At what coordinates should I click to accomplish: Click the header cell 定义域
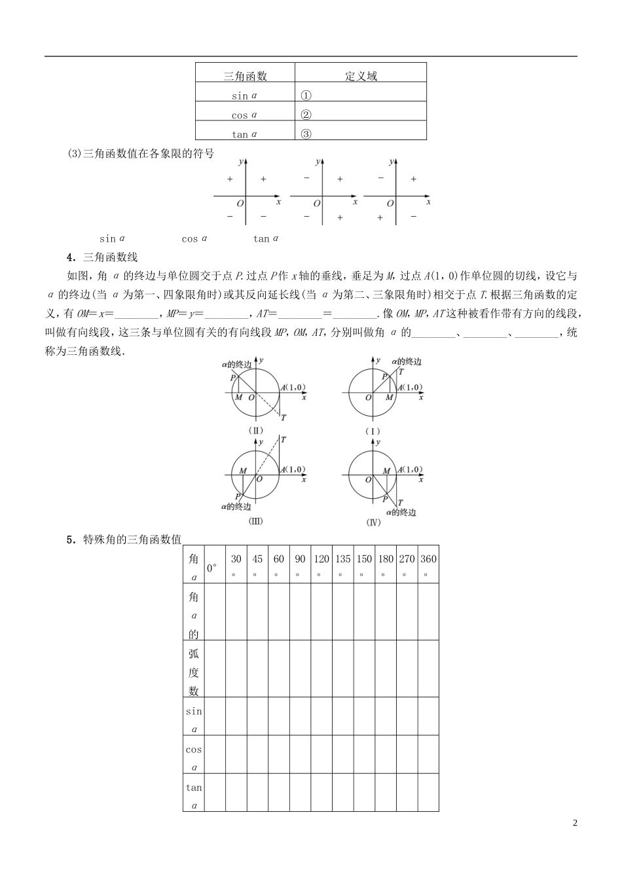coord(361,76)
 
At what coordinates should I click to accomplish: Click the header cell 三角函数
coord(245,76)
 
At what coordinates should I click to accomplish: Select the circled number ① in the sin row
coord(306,95)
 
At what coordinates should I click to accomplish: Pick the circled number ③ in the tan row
coord(306,134)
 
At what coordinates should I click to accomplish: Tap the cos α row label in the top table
coord(245,115)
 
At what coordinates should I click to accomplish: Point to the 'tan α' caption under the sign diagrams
coord(266,239)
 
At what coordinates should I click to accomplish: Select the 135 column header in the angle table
coord(342,564)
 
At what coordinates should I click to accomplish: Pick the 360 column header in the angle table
coord(428,564)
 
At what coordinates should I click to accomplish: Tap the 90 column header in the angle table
coord(300,564)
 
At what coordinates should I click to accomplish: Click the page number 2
coord(575,823)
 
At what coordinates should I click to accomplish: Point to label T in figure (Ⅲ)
coord(283,439)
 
